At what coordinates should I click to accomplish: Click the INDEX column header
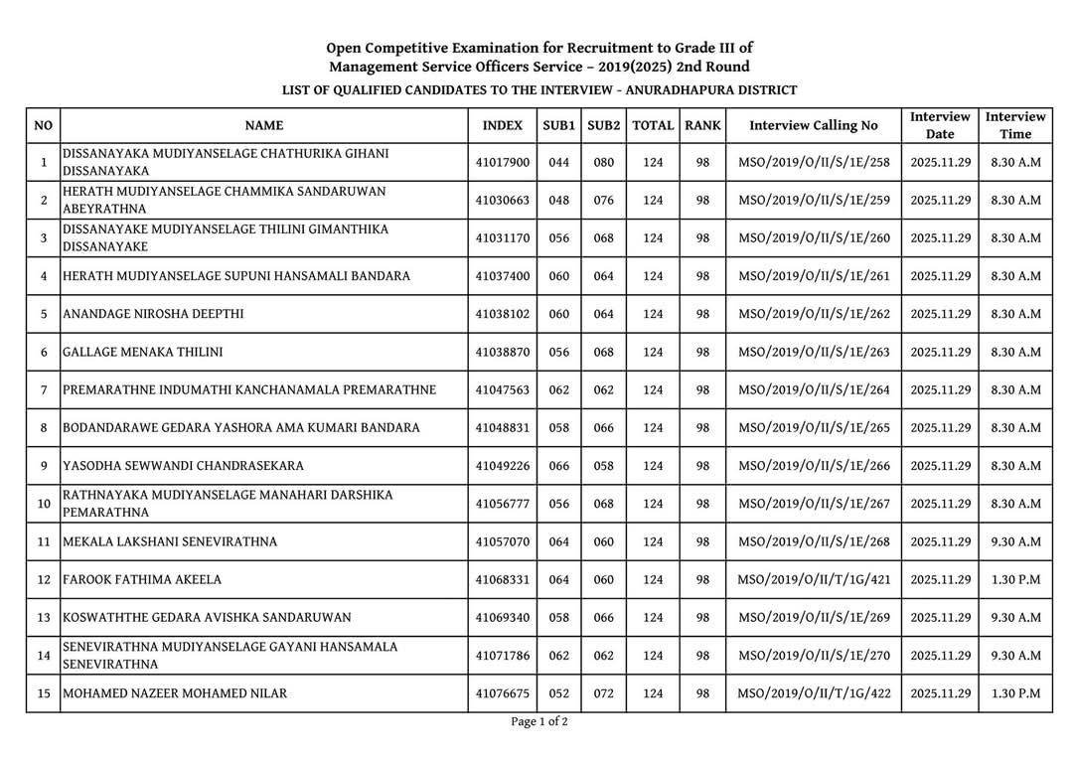tap(502, 126)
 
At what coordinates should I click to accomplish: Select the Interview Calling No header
tap(814, 126)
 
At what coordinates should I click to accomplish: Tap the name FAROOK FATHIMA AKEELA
tap(142, 580)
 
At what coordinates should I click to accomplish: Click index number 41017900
tap(502, 162)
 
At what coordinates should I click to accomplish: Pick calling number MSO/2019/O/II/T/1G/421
tap(814, 580)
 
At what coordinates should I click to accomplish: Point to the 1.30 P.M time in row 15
tap(1015, 693)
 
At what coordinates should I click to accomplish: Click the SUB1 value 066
tap(558, 466)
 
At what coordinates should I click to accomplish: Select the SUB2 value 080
tap(604, 162)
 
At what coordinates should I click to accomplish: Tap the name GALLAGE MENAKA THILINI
tap(142, 352)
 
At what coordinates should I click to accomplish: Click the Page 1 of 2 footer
tap(539, 722)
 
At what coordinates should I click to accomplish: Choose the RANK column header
tap(702, 126)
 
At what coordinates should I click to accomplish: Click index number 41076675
tap(502, 693)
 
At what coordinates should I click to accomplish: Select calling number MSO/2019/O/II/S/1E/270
tap(814, 656)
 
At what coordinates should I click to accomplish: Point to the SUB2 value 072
tap(604, 693)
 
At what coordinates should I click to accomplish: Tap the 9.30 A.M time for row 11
tap(1015, 542)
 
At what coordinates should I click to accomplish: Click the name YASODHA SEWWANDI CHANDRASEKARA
tap(183, 466)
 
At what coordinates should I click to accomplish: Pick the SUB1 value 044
tap(558, 162)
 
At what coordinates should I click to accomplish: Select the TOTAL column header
tap(653, 126)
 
